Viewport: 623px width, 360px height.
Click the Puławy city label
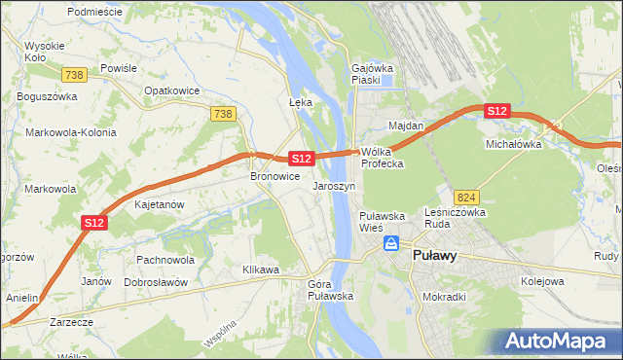435,256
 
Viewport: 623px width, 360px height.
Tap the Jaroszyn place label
333,185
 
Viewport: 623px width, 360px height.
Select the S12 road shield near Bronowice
301,158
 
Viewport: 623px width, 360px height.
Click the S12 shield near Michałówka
497,111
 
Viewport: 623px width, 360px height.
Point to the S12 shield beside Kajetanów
93,223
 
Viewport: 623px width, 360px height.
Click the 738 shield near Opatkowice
223,114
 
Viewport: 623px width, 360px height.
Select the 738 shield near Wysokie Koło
74,75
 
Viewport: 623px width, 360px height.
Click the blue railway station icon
391,243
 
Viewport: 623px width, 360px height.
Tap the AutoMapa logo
560,342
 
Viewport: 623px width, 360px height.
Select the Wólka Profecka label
382,158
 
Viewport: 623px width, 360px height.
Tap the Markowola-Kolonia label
71,131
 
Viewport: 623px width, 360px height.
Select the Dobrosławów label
156,281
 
